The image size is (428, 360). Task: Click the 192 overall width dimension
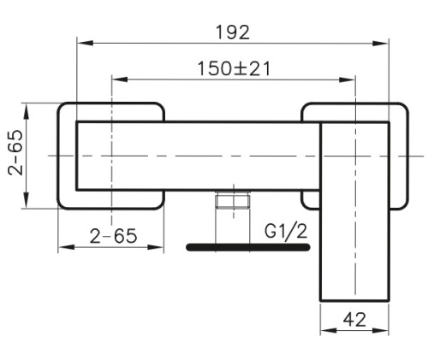233,32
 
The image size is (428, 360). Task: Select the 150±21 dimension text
234,68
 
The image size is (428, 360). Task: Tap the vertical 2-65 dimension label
15,152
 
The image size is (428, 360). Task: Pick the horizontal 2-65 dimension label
113,236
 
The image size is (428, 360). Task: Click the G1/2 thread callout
286,231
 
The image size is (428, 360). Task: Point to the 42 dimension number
354,320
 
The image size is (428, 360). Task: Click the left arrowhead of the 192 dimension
85,43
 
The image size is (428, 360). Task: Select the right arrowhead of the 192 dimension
381,44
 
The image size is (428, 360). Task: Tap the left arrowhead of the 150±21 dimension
120,80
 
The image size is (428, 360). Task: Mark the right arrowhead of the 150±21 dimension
347,80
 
